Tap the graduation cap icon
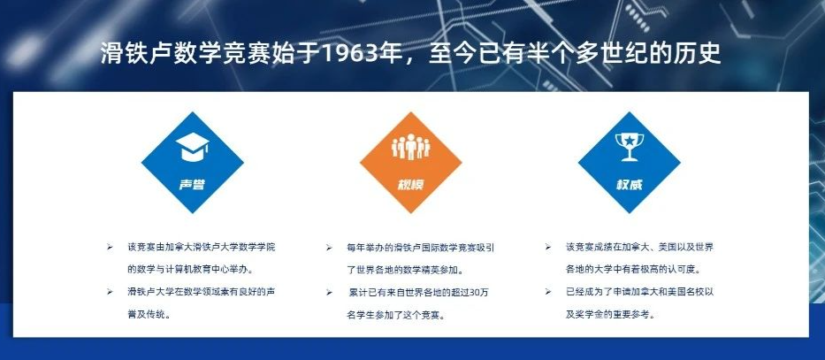pos(193,147)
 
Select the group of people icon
pos(411,147)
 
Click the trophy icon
pos(630,146)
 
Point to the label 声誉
pos(192,185)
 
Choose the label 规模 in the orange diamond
pos(411,185)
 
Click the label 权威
pos(630,185)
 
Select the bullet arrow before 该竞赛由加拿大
pos(110,247)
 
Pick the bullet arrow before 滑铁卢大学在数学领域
pos(110,292)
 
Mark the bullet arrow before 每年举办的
pos(329,247)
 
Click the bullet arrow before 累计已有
pos(329,292)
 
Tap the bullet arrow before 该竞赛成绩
pos(547,246)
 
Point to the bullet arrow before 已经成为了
pos(547,292)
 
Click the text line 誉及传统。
pos(149,315)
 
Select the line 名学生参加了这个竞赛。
pos(396,316)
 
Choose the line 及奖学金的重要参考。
pos(610,315)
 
